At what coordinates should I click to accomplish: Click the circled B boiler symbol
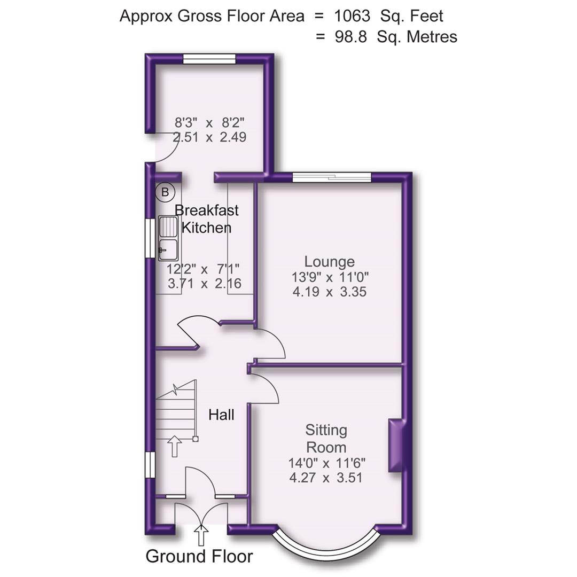click(165, 192)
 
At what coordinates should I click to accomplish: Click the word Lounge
click(329, 262)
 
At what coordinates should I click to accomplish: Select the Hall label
click(221, 415)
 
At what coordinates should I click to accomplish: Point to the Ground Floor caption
click(199, 556)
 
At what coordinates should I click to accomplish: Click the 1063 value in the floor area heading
click(352, 16)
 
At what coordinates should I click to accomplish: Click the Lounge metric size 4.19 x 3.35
click(329, 292)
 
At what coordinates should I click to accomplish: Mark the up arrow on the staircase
click(174, 446)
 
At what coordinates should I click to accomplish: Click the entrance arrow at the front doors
click(201, 534)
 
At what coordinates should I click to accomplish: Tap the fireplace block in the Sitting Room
click(396, 445)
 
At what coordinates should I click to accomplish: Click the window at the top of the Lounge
click(331, 177)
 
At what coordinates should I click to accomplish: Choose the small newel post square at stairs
click(196, 439)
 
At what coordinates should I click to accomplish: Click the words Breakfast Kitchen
click(206, 219)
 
